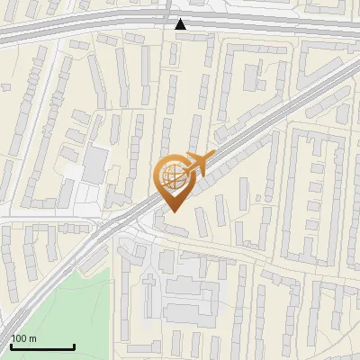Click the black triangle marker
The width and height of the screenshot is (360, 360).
tap(181, 24)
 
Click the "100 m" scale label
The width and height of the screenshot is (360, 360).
tap(23, 338)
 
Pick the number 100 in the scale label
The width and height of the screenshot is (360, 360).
tap(19, 338)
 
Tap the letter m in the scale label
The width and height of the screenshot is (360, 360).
tap(32, 338)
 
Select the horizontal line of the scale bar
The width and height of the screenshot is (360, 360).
tap(42, 347)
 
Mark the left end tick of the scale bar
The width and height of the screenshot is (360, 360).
tap(11, 345)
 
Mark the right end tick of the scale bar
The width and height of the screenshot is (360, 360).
tap(74, 345)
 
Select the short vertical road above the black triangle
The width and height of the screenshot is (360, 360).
tap(169, 7)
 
